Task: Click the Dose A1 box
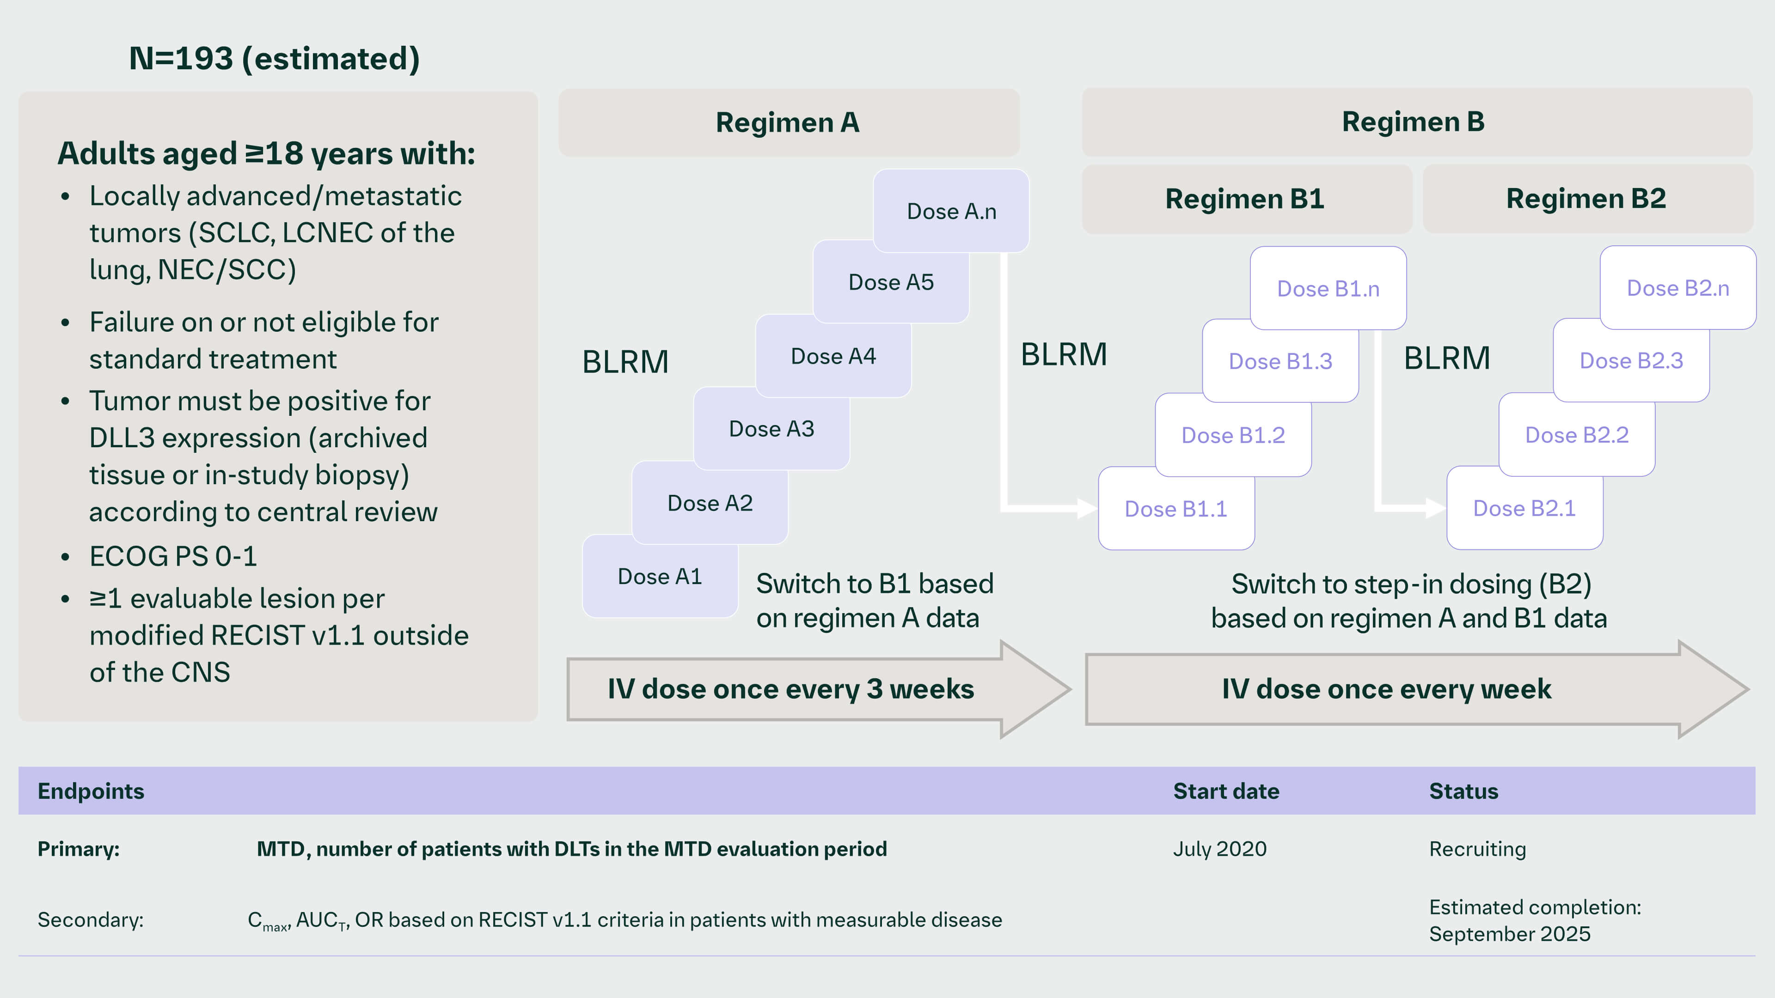pyautogui.click(x=660, y=577)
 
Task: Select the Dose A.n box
pyautogui.click(x=951, y=211)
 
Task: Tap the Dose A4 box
pyautogui.click(x=833, y=356)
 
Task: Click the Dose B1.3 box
pyautogui.click(x=1280, y=361)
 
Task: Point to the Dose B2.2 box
pyautogui.click(x=1577, y=435)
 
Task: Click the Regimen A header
pyautogui.click(x=788, y=122)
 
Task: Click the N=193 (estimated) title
pyautogui.click(x=274, y=59)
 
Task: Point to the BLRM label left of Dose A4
pyautogui.click(x=625, y=362)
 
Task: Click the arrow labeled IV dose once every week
pyautogui.click(x=1386, y=689)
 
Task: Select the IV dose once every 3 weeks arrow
pyautogui.click(x=790, y=689)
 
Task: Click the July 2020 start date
pyautogui.click(x=1220, y=849)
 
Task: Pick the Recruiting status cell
pyautogui.click(x=1477, y=849)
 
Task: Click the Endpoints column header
pyautogui.click(x=91, y=791)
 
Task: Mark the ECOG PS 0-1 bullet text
pyautogui.click(x=173, y=556)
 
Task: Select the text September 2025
pyautogui.click(x=1509, y=934)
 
